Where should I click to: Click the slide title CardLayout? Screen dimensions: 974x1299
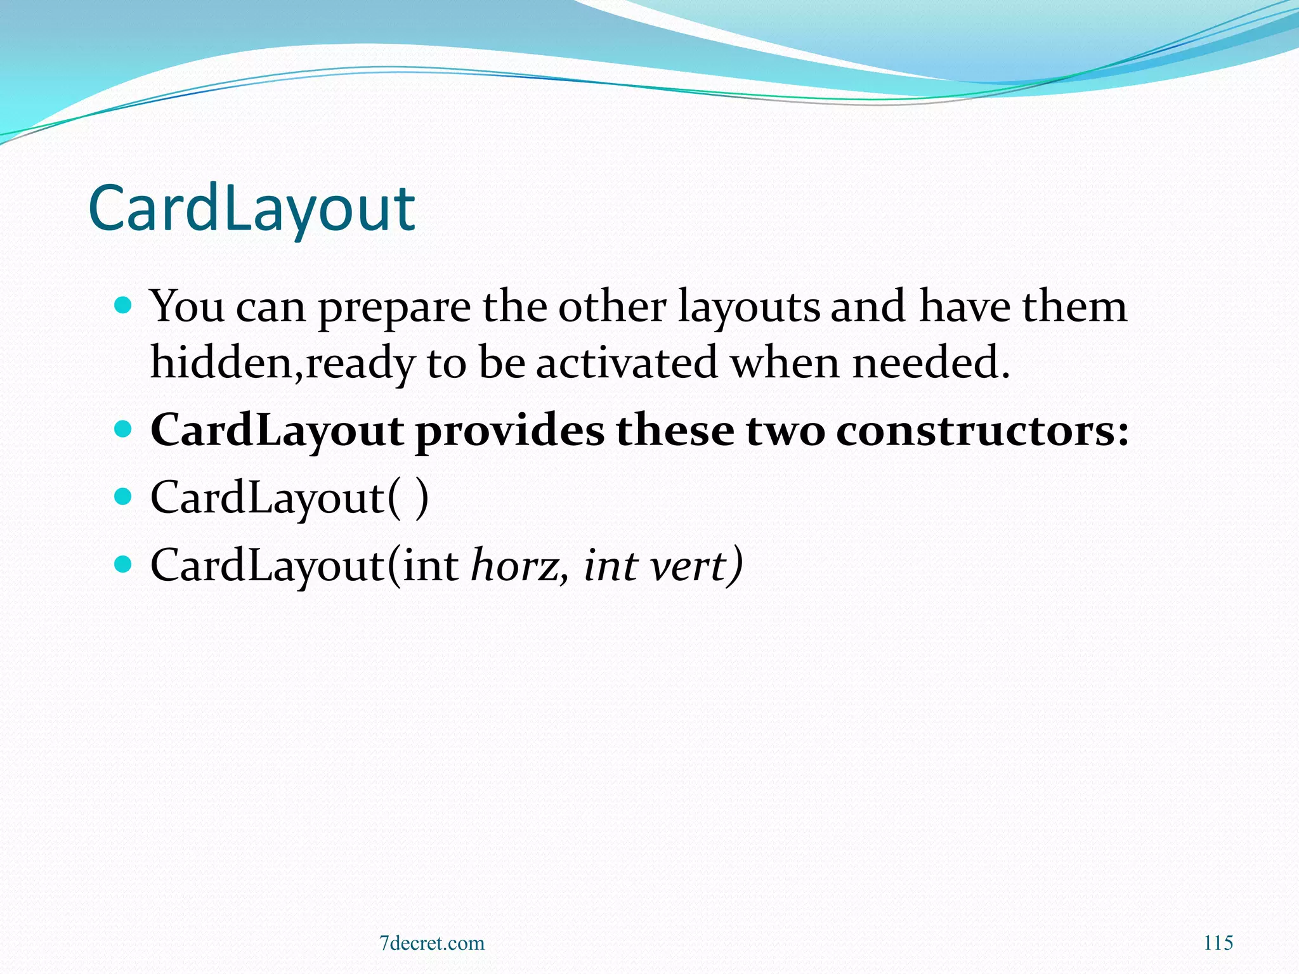pos(251,208)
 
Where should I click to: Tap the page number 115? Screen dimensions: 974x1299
pos(1218,943)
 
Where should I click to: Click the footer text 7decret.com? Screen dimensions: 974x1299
pos(431,943)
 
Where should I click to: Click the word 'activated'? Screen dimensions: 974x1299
pos(627,363)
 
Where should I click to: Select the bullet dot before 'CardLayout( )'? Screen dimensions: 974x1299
pos(124,496)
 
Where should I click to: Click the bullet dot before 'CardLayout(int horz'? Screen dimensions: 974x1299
pos(124,563)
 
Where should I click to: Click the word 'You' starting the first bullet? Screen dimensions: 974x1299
pos(187,307)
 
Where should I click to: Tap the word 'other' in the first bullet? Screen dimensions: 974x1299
pos(611,307)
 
